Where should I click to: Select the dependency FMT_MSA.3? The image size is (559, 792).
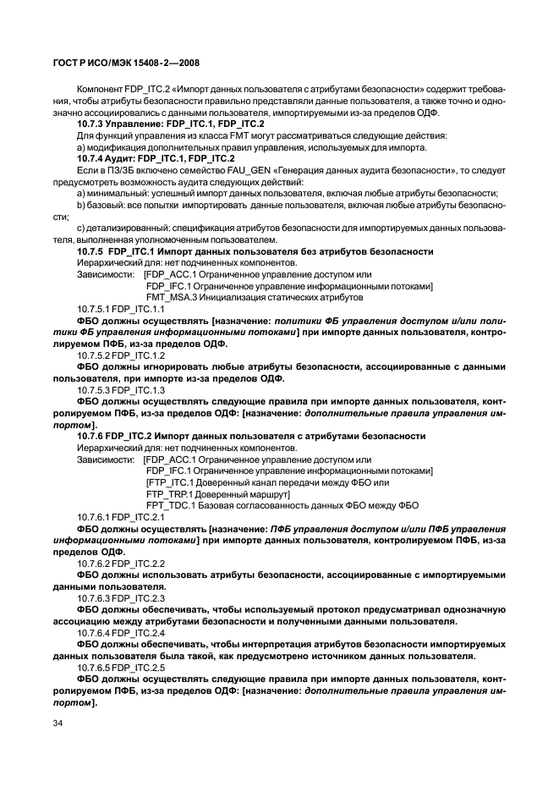pos(169,298)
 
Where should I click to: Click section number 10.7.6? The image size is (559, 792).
pos(90,435)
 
